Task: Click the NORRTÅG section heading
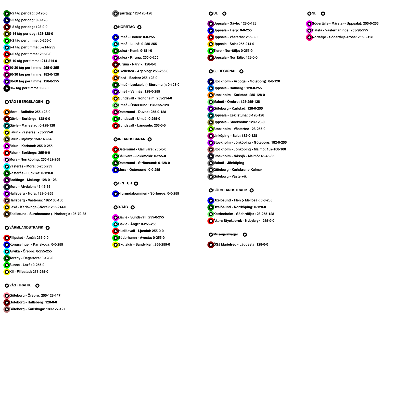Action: [126, 27]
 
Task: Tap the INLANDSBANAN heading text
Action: [132, 139]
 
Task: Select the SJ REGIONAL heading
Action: [225, 71]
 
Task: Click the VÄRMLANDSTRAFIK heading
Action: [26, 227]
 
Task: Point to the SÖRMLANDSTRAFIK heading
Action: [230, 190]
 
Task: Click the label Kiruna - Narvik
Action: [137, 65]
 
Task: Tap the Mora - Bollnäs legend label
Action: [30, 112]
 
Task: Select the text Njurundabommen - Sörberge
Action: [148, 194]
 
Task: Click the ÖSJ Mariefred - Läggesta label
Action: [240, 245]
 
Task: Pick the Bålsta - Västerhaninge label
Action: [340, 30]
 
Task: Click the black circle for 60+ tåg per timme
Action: [7, 88]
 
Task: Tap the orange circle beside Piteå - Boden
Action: [116, 78]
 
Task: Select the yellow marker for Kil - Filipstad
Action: [7, 272]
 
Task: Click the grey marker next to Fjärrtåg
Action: [116, 14]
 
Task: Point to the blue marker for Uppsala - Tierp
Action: [211, 30]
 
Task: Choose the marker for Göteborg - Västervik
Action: [211, 177]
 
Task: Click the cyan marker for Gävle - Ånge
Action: [116, 224]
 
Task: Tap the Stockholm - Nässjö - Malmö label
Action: [244, 156]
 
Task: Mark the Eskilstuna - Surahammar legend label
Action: [48, 214]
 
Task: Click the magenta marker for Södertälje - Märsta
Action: [309, 24]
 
